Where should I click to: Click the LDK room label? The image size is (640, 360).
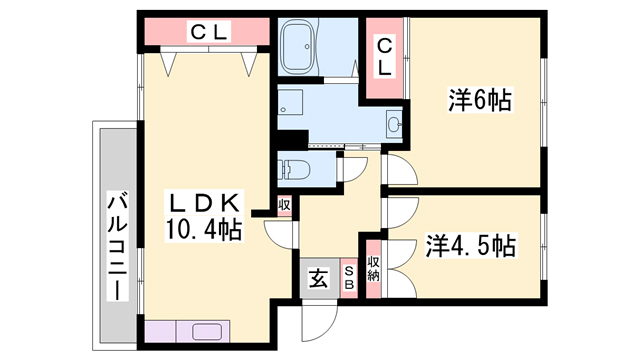pyautogui.click(x=203, y=203)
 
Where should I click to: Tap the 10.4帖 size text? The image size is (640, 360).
pyautogui.click(x=203, y=229)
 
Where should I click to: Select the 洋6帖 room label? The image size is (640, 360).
pyautogui.click(x=480, y=100)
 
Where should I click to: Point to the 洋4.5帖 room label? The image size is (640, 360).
pyautogui.click(x=471, y=245)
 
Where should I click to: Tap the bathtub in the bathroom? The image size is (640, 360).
pyautogui.click(x=300, y=47)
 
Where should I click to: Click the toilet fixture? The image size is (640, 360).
pyautogui.click(x=293, y=169)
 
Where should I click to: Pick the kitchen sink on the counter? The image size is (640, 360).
pyautogui.click(x=207, y=331)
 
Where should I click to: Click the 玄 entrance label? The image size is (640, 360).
pyautogui.click(x=319, y=278)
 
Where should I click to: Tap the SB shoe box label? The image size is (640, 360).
pyautogui.click(x=349, y=278)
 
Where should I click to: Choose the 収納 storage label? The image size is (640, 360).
pyautogui.click(x=373, y=269)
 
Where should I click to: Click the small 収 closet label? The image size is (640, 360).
pyautogui.click(x=284, y=205)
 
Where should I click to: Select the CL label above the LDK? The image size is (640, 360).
pyautogui.click(x=209, y=32)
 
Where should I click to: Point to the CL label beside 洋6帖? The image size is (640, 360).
pyautogui.click(x=384, y=57)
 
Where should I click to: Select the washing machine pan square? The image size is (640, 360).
pyautogui.click(x=290, y=102)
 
